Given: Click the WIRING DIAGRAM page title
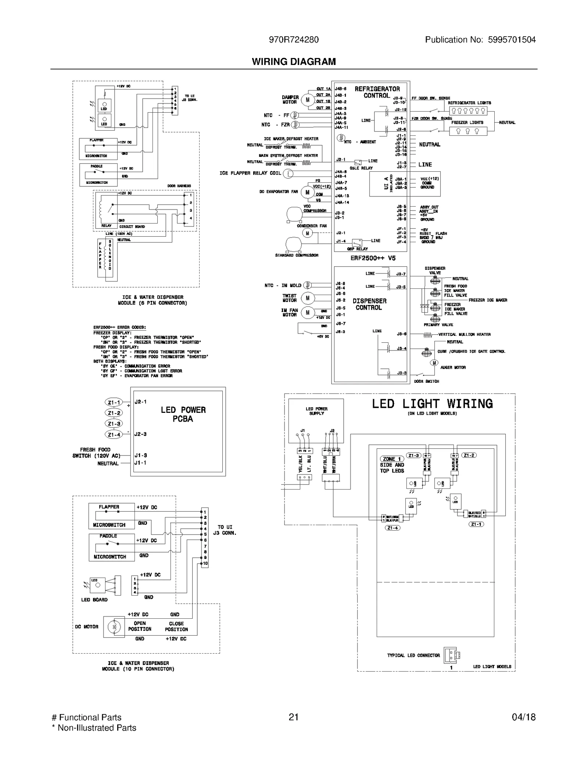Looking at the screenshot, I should [x=294, y=62].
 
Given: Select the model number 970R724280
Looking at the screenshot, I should [x=294, y=40].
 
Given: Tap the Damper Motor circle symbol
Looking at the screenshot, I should [x=307, y=100].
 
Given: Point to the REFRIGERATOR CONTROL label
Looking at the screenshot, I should [x=377, y=92].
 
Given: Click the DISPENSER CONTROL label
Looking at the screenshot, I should [x=369, y=304].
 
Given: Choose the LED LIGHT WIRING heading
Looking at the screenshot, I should [x=432, y=404].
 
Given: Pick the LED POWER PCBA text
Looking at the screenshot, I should [x=183, y=414].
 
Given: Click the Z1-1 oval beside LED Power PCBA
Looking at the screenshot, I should [x=114, y=403].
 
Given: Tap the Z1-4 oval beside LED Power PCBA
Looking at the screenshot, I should [x=114, y=435].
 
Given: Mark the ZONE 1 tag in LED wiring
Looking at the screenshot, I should [x=391, y=459].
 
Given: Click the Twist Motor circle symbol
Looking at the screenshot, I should [x=308, y=298].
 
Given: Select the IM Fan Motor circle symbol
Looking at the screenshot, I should [x=308, y=312].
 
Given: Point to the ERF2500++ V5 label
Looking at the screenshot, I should [x=373, y=258].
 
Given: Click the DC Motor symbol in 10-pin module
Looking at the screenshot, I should [x=114, y=627].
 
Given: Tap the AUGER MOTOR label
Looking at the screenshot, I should [x=453, y=367].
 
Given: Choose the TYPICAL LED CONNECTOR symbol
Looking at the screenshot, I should [x=452, y=655].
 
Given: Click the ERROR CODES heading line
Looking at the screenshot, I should [x=119, y=327].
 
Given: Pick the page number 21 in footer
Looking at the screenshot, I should [x=294, y=717].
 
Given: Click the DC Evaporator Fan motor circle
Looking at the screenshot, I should [x=307, y=192].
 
